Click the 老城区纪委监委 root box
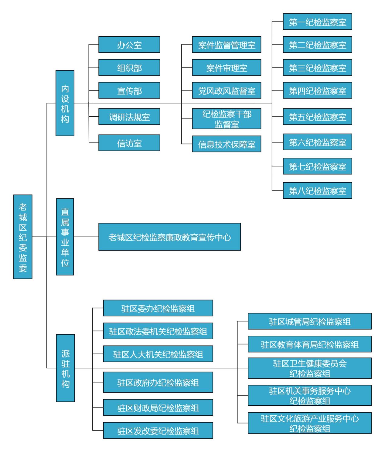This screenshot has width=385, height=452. pos(23,237)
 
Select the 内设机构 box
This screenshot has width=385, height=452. pos(65,103)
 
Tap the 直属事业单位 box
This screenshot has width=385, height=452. pos(65,237)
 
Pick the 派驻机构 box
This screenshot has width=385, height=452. pos(65,368)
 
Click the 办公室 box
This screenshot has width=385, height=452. pos(129,45)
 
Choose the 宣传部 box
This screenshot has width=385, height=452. pos(129,90)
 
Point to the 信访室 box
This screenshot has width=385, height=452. pos(129,143)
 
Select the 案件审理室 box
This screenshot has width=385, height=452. pos(227,68)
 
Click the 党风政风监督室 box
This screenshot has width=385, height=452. pos(227,90)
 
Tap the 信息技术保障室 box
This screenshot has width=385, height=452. pos(227,144)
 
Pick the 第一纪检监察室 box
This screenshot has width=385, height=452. pos(317,22)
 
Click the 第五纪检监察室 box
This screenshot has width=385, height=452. pos(317,117)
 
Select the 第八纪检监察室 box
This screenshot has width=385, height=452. pos(317,191)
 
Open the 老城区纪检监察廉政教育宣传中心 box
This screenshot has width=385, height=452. pos(169,237)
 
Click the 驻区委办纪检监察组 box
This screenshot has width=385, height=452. pos(158,308)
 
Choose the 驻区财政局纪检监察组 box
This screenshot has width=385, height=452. pos(158,407)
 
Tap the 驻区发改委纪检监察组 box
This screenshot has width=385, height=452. pos(158,430)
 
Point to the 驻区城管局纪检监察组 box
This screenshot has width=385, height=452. pos(309,321)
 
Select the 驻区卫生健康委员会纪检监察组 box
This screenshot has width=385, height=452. pos(309,368)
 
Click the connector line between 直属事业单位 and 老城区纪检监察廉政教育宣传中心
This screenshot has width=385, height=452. pos(86,237)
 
